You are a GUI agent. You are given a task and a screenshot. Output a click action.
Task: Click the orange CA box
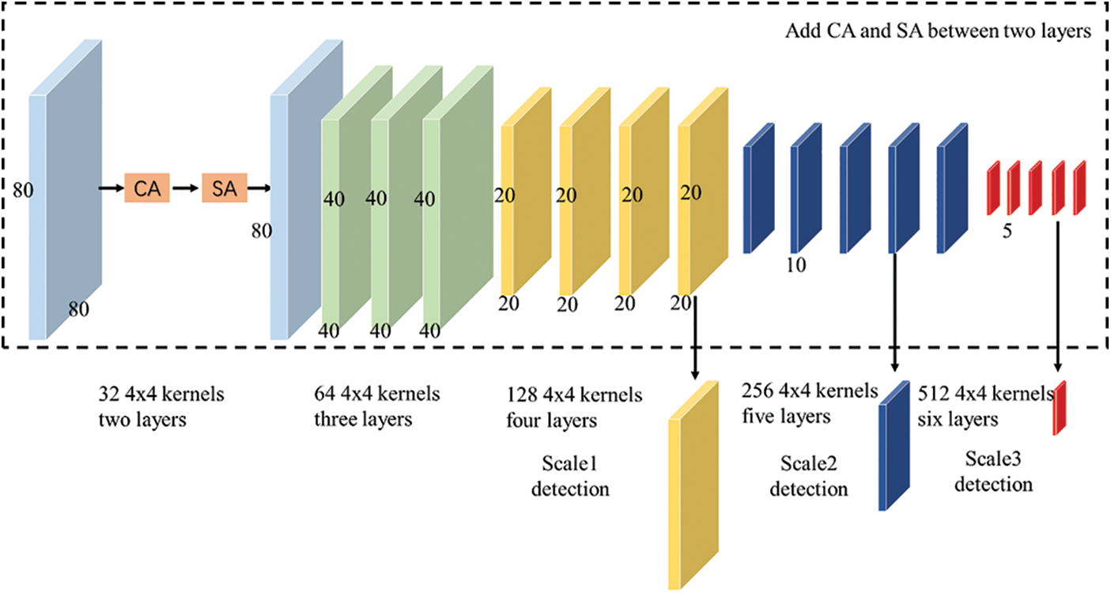coord(147,189)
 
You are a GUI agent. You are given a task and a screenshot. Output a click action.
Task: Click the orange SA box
coord(224,189)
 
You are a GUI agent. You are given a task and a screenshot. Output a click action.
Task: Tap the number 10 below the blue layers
coord(795,266)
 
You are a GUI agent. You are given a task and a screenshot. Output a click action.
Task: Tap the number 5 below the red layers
coord(1007,234)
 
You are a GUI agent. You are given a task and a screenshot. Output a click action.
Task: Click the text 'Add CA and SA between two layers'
coord(939,32)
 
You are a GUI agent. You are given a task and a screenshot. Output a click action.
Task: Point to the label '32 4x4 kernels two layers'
coord(161,406)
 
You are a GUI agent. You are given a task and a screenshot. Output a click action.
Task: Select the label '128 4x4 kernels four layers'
coord(574,407)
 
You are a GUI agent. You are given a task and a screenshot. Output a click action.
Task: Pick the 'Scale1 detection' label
coord(570,477)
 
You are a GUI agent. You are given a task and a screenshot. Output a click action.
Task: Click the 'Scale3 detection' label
coord(993,470)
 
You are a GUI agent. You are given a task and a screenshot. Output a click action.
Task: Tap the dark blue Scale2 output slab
coord(894,447)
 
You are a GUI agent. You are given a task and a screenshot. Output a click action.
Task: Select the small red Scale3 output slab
coord(1060,408)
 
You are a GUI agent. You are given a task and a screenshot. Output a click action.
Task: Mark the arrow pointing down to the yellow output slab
coord(694,336)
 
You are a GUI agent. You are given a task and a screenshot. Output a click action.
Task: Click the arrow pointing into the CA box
coord(110,189)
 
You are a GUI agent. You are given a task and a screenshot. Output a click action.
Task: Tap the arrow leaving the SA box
coord(259,189)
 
